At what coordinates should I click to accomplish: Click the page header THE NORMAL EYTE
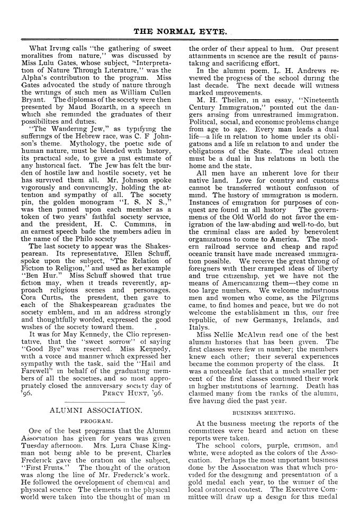pos(180,31)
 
